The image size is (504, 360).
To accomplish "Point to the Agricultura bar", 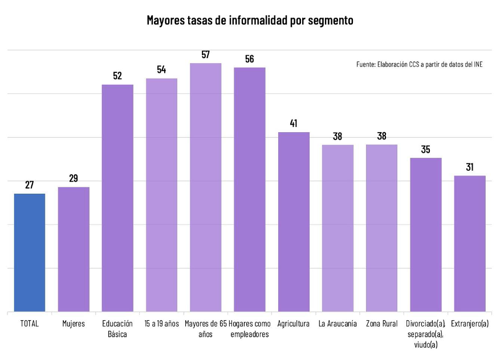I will coord(294,222).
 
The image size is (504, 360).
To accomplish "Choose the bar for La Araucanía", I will coord(338,228).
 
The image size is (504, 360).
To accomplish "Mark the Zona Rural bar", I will coord(381,228).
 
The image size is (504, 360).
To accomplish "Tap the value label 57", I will coord(206,55).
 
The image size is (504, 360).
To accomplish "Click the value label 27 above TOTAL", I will coord(30,185).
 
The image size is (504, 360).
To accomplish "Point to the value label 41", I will coord(294,124).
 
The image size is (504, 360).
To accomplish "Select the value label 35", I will coord(426,149).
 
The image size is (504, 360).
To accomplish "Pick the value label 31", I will coord(470,167).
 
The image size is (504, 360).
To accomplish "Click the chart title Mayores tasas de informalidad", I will coord(250,21).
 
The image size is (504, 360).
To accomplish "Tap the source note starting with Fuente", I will coord(419,64).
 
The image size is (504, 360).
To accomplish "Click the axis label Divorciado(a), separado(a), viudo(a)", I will coord(425,334).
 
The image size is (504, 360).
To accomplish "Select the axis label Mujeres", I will coord(74,324).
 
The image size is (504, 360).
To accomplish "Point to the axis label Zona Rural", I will coord(381,324).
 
